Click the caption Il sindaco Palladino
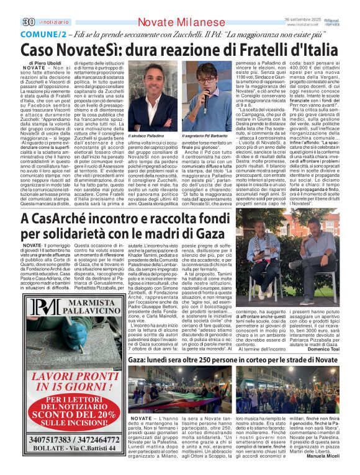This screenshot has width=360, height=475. pos(146,135)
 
